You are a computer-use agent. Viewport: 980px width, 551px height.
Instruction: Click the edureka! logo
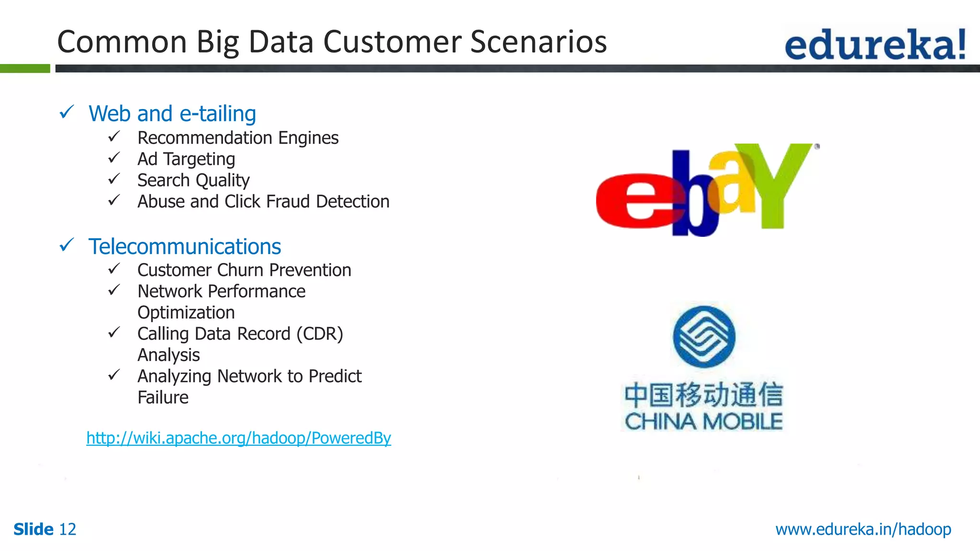coord(875,44)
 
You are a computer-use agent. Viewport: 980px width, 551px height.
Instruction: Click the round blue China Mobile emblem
coord(704,336)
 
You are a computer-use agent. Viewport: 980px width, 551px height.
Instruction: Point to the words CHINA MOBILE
coord(703,422)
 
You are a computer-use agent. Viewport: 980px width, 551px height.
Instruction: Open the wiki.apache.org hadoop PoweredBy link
coord(238,438)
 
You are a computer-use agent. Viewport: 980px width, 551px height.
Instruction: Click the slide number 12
coord(67,529)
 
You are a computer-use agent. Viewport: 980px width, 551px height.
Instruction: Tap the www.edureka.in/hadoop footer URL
coord(863,529)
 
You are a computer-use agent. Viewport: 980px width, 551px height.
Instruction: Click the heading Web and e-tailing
coord(172,114)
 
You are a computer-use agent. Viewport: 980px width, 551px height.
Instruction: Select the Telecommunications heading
coord(185,247)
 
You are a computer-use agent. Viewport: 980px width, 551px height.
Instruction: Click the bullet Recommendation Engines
coord(238,138)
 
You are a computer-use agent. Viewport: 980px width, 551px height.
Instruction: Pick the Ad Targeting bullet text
coord(186,159)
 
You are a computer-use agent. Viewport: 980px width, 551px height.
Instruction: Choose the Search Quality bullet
coord(193,180)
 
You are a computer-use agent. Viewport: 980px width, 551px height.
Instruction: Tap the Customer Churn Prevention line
coord(244,270)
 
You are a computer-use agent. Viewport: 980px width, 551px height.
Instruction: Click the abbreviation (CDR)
coord(320,334)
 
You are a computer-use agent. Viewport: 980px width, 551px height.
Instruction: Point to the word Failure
coord(163,397)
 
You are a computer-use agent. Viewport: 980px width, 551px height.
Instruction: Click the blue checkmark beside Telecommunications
coord(67,245)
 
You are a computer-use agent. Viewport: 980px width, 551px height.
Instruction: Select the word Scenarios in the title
coord(538,42)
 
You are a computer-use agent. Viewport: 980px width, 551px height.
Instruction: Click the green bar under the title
coord(25,68)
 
